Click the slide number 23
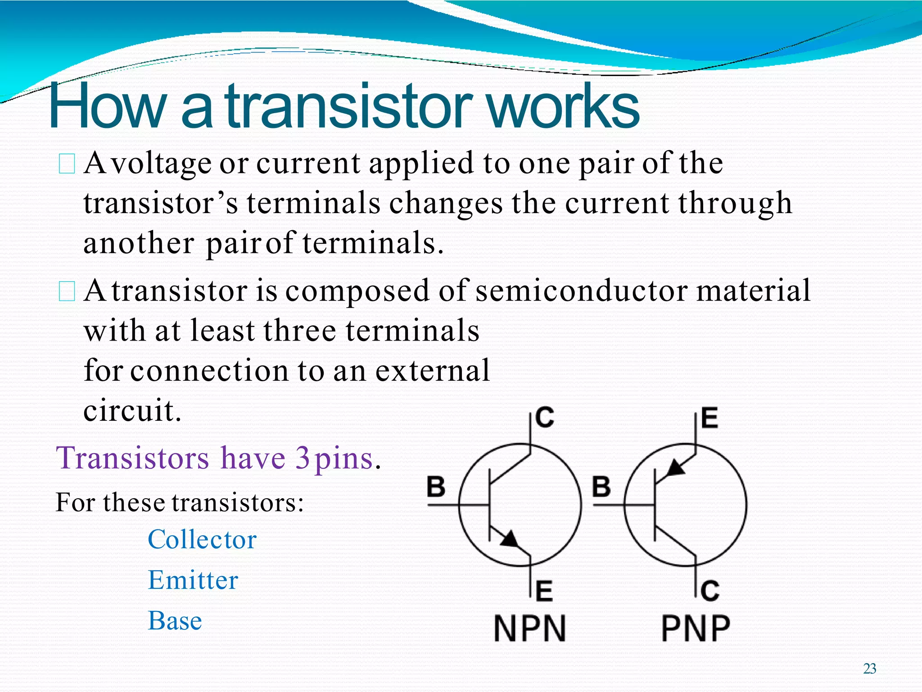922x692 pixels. click(869, 669)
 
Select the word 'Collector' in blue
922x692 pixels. click(202, 539)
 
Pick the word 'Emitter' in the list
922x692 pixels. click(193, 580)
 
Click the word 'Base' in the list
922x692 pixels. click(175, 621)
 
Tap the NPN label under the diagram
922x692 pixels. click(530, 628)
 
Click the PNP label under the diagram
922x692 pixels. click(696, 628)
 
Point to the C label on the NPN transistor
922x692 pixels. click(545, 418)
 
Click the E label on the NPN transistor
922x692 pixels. click(544, 591)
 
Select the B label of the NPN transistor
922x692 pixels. click(436, 487)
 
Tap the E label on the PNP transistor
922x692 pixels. click(710, 418)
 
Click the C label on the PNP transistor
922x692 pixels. click(710, 591)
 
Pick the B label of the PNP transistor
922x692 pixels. click(601, 487)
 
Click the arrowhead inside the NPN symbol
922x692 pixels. click(511, 539)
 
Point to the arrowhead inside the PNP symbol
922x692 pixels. click(675, 469)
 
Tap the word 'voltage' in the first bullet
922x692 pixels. click(162, 164)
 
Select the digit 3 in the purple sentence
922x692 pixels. click(303, 458)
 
